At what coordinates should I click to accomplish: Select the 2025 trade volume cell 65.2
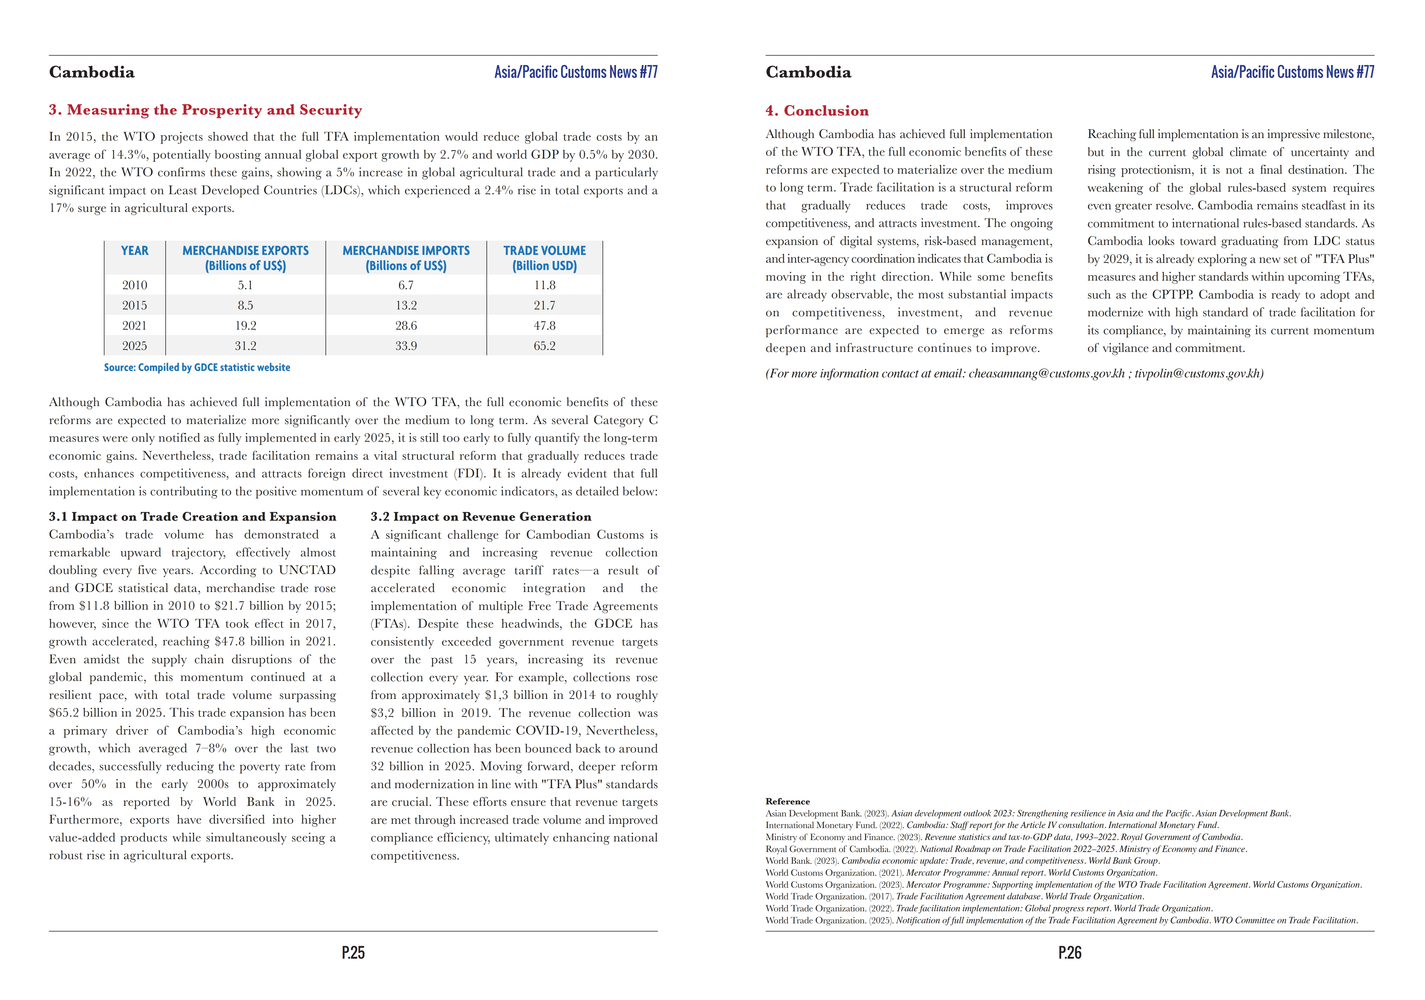(x=544, y=346)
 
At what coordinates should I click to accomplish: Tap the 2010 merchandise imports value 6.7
(x=406, y=285)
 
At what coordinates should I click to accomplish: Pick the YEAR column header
(x=135, y=251)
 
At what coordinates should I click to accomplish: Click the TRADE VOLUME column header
(x=544, y=258)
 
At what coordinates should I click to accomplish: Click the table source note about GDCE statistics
(x=197, y=368)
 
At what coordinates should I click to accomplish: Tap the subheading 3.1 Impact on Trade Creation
(x=192, y=517)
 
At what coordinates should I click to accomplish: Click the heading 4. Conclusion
(x=817, y=111)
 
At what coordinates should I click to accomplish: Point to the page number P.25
(x=353, y=953)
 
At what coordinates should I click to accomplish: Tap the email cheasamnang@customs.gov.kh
(x=1047, y=373)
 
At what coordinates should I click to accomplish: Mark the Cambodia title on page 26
(x=808, y=72)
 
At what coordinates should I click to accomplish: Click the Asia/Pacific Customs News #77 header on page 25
(x=575, y=72)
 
